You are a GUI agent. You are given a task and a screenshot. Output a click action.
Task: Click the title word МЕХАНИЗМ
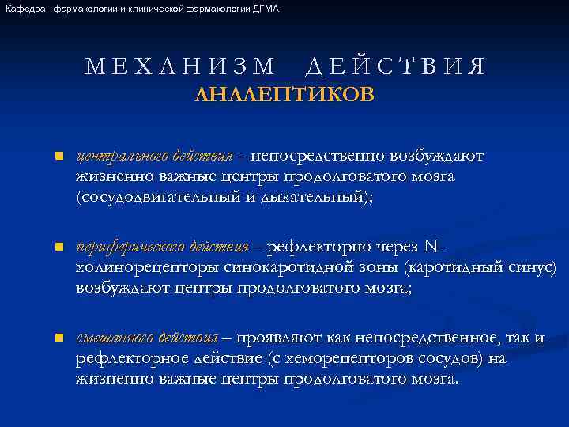tap(181, 66)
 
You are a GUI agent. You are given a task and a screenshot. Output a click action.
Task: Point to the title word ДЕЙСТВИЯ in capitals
tap(394, 66)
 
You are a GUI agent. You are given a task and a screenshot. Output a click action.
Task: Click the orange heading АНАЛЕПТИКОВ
tap(284, 96)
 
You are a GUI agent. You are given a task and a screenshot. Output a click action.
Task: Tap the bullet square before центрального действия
tap(58, 157)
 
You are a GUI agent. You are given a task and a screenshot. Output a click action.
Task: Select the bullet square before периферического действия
tap(58, 248)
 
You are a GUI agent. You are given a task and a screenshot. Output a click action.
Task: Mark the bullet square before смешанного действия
tap(58, 339)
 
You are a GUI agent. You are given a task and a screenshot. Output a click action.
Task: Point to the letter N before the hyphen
tap(430, 247)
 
